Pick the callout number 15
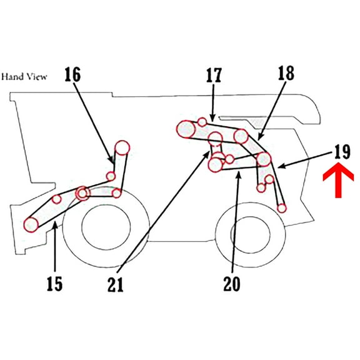[54, 284]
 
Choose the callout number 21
[115, 285]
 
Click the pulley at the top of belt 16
[121, 147]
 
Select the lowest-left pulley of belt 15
[30, 224]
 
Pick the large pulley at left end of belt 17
[186, 129]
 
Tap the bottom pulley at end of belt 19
[282, 207]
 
